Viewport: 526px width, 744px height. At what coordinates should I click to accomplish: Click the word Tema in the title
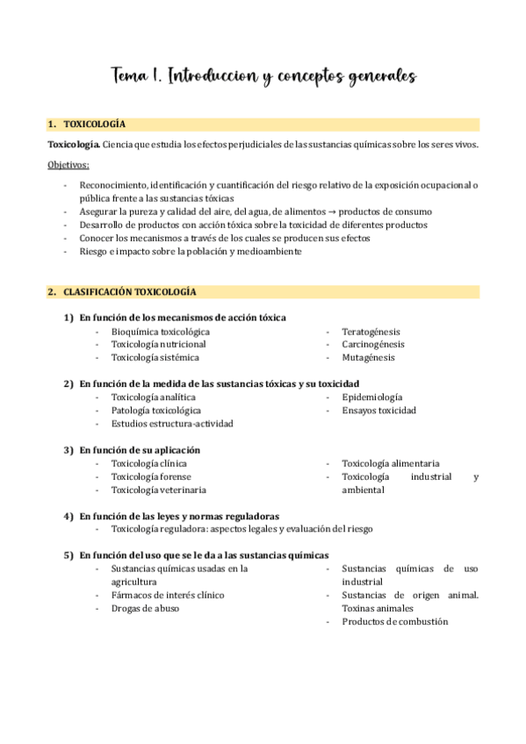(130, 76)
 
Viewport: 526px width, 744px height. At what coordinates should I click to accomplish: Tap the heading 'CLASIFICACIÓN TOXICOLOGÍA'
(130, 291)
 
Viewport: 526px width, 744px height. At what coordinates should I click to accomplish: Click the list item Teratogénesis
(371, 332)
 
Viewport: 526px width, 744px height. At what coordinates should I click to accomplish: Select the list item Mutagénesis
(368, 358)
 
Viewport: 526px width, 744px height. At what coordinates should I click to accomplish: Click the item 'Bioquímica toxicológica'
(161, 332)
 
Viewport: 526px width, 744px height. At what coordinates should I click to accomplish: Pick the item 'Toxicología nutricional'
(158, 345)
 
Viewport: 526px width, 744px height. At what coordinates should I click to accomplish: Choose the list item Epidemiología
(372, 397)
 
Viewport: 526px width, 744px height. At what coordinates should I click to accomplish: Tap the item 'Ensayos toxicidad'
(378, 411)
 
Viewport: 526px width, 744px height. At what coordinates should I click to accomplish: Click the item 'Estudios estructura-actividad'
(172, 424)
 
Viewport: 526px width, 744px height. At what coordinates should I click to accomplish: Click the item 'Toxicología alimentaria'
(391, 463)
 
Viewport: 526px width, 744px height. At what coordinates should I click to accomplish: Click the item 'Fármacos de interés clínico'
(168, 595)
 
